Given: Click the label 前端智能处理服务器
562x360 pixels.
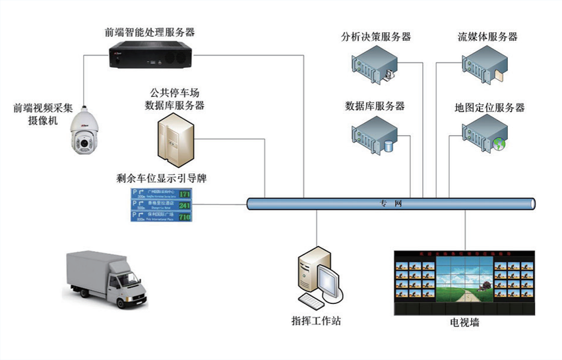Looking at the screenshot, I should click(x=150, y=31).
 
